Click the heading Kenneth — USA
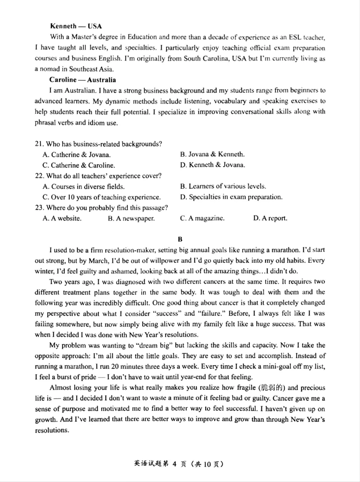pyautogui.click(x=76, y=26)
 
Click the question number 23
pyautogui.click(x=38, y=207)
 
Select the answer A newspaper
pyautogui.click(x=131, y=218)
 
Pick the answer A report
pyautogui.click(x=270, y=218)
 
